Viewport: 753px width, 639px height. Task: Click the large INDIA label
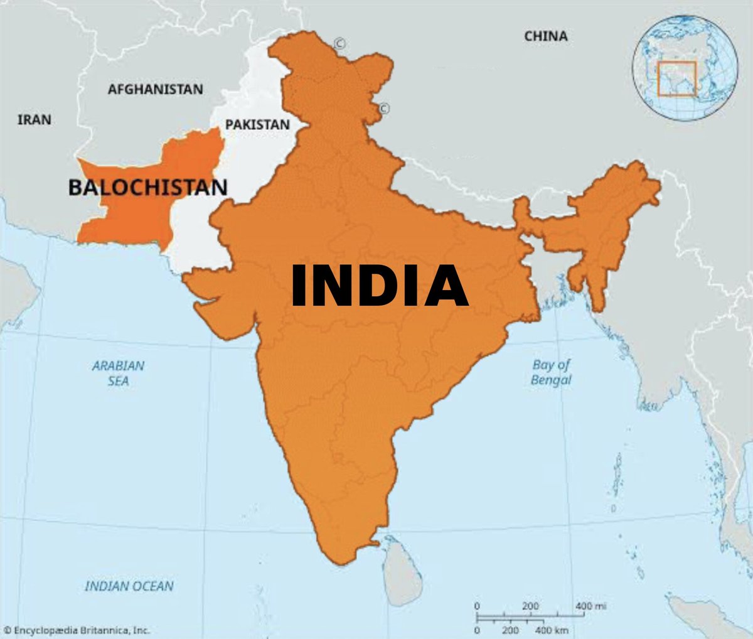(380, 286)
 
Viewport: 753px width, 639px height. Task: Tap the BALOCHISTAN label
(147, 187)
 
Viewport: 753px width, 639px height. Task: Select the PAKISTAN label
(257, 124)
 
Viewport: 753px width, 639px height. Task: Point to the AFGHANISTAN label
(155, 89)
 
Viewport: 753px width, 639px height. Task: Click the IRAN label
(35, 119)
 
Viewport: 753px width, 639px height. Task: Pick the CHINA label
(545, 36)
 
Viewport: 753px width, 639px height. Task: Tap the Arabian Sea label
(118, 373)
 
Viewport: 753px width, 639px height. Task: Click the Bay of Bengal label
(551, 372)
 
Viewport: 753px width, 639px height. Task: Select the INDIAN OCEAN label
(129, 586)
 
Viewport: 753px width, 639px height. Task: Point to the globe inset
(685, 68)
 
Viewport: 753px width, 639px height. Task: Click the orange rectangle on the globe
(676, 78)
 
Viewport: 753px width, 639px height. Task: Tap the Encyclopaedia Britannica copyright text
(76, 630)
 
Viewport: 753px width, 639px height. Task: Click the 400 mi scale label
(590, 606)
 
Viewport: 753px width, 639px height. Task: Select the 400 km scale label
(552, 630)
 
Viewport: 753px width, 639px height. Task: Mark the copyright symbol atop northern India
(339, 44)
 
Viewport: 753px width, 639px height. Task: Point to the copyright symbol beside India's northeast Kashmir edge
(383, 109)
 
